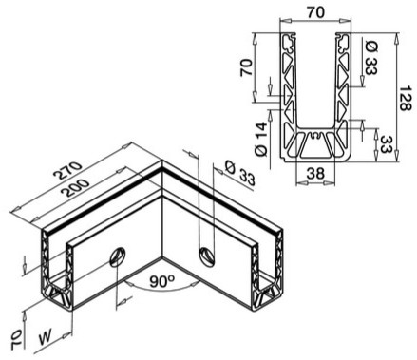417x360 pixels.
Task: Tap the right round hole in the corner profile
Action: (205, 254)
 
